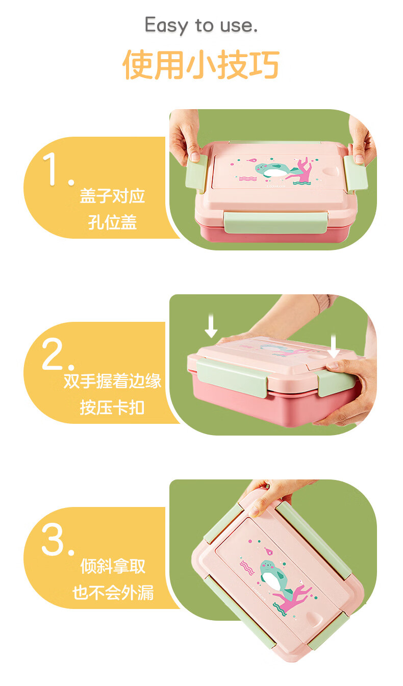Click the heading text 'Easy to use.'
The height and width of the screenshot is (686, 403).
click(201, 26)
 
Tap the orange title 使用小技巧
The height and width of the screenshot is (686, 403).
click(201, 65)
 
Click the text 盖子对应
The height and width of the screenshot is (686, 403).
click(112, 196)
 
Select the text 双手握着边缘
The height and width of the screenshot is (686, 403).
click(112, 381)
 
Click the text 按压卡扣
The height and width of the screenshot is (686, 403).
click(112, 408)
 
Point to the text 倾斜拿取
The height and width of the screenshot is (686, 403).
click(113, 566)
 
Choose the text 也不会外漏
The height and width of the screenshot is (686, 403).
click(113, 593)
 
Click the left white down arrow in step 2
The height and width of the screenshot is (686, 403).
click(211, 325)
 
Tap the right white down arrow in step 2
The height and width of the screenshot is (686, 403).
click(334, 346)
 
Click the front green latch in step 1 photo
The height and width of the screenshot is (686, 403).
click(275, 223)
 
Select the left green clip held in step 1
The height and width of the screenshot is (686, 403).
click(197, 173)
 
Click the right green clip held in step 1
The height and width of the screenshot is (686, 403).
click(355, 173)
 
